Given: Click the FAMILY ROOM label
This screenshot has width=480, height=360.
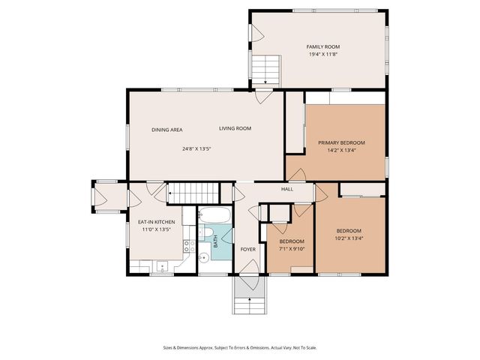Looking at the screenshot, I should click(x=319, y=46).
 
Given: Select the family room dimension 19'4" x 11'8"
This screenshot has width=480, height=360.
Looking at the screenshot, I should click(x=319, y=54).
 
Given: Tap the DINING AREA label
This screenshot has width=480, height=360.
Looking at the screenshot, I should click(x=167, y=130).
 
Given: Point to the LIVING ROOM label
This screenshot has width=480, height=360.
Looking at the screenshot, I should click(x=235, y=129).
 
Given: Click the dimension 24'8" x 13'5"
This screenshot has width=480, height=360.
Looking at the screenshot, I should click(x=196, y=148).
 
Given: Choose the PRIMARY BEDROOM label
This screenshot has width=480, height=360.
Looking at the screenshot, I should click(x=341, y=142).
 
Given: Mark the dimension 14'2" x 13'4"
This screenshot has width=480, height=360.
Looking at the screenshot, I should click(x=341, y=150).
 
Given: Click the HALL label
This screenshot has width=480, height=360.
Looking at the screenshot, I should click(x=286, y=189).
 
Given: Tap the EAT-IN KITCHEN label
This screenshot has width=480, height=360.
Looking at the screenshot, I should click(x=156, y=223).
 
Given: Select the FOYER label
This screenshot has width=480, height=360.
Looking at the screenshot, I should click(x=247, y=249).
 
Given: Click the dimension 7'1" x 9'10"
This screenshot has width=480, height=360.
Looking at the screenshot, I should click(x=291, y=249).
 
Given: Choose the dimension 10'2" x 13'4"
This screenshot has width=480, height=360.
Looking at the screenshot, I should click(x=349, y=238).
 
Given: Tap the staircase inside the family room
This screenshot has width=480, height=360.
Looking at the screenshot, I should click(x=266, y=71).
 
